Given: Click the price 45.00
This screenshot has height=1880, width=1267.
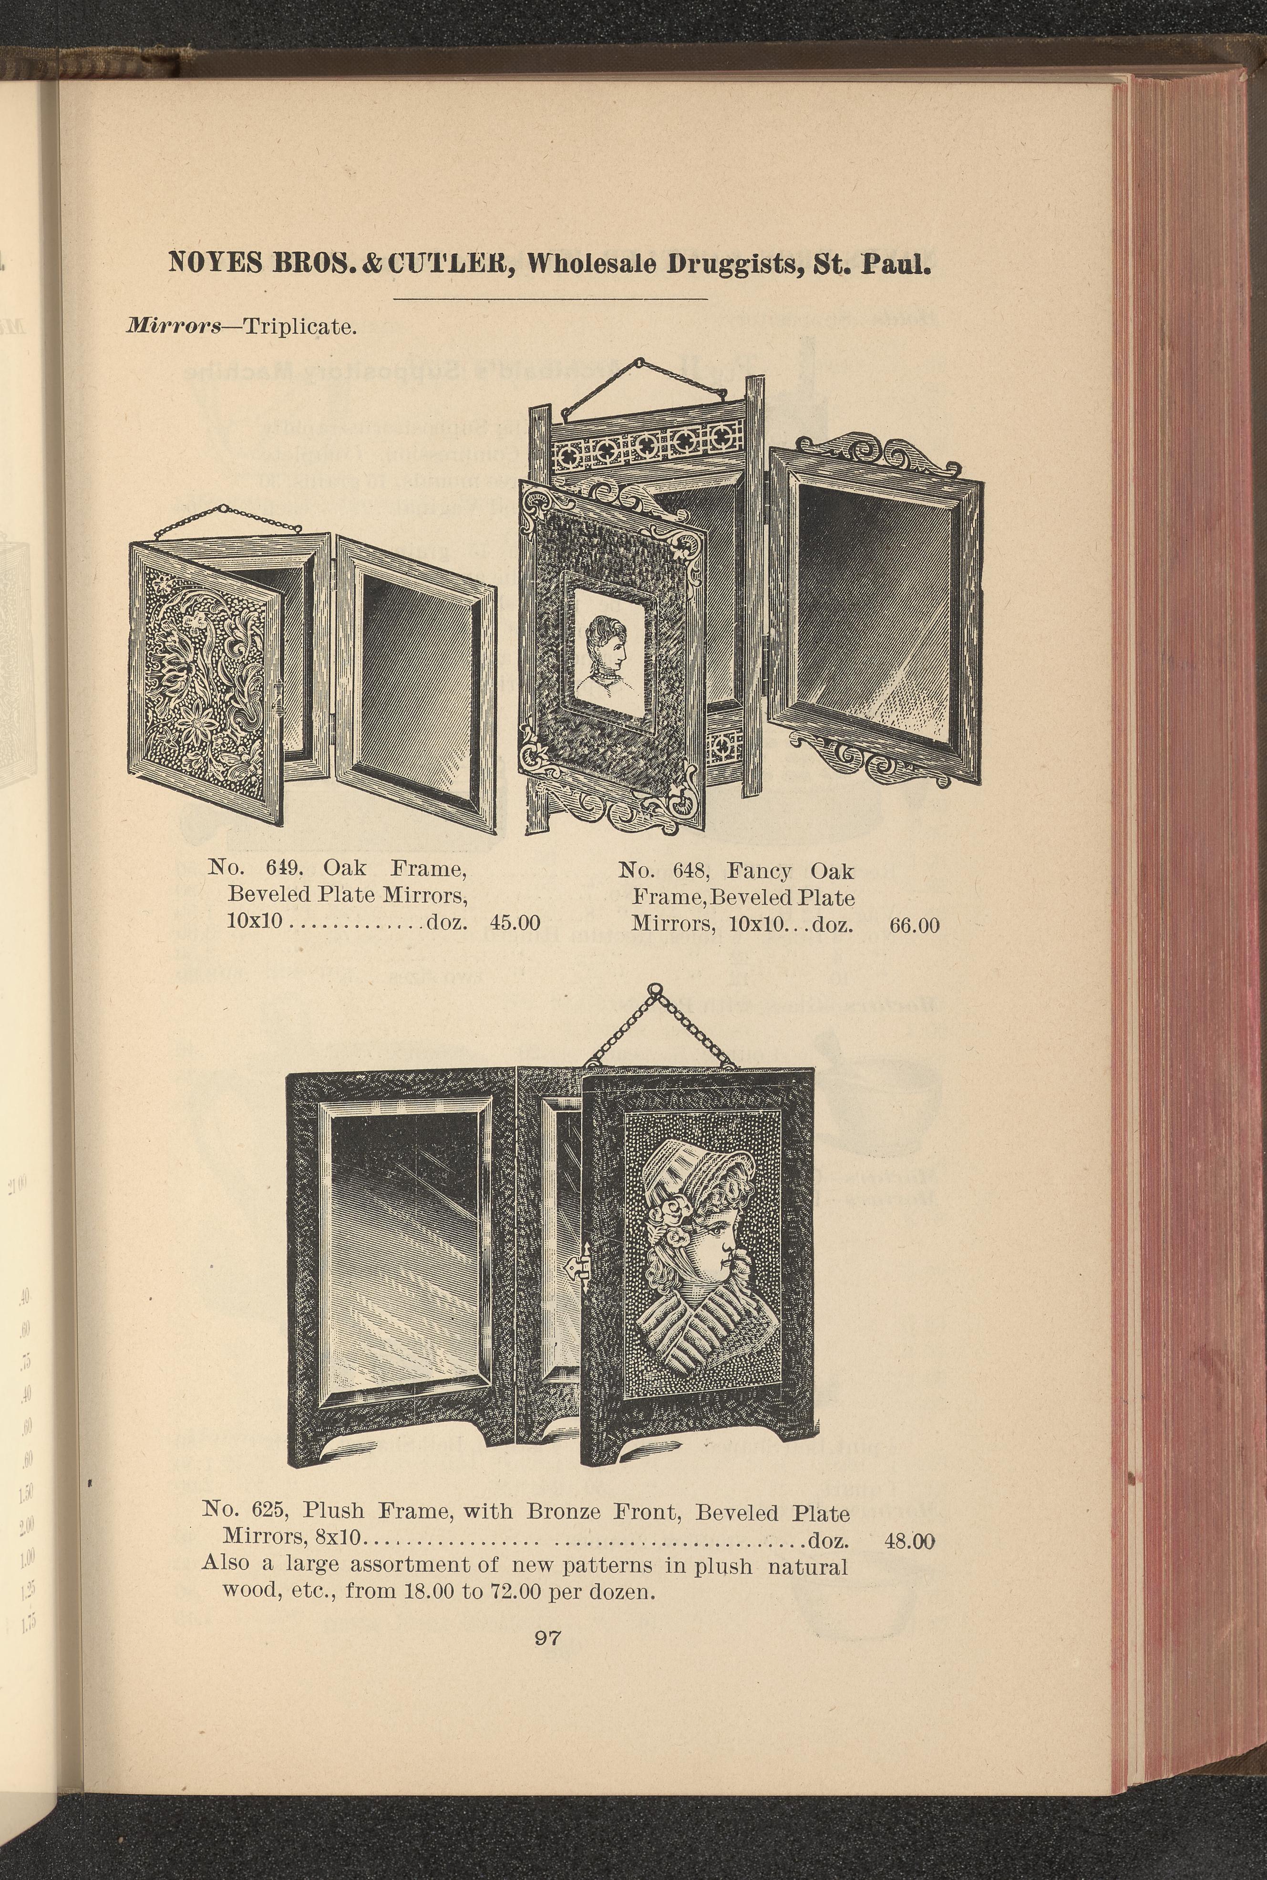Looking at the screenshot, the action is [515, 922].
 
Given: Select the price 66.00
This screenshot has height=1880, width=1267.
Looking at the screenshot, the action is [915, 925].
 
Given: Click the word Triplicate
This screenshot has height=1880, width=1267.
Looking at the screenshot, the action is [300, 327].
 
